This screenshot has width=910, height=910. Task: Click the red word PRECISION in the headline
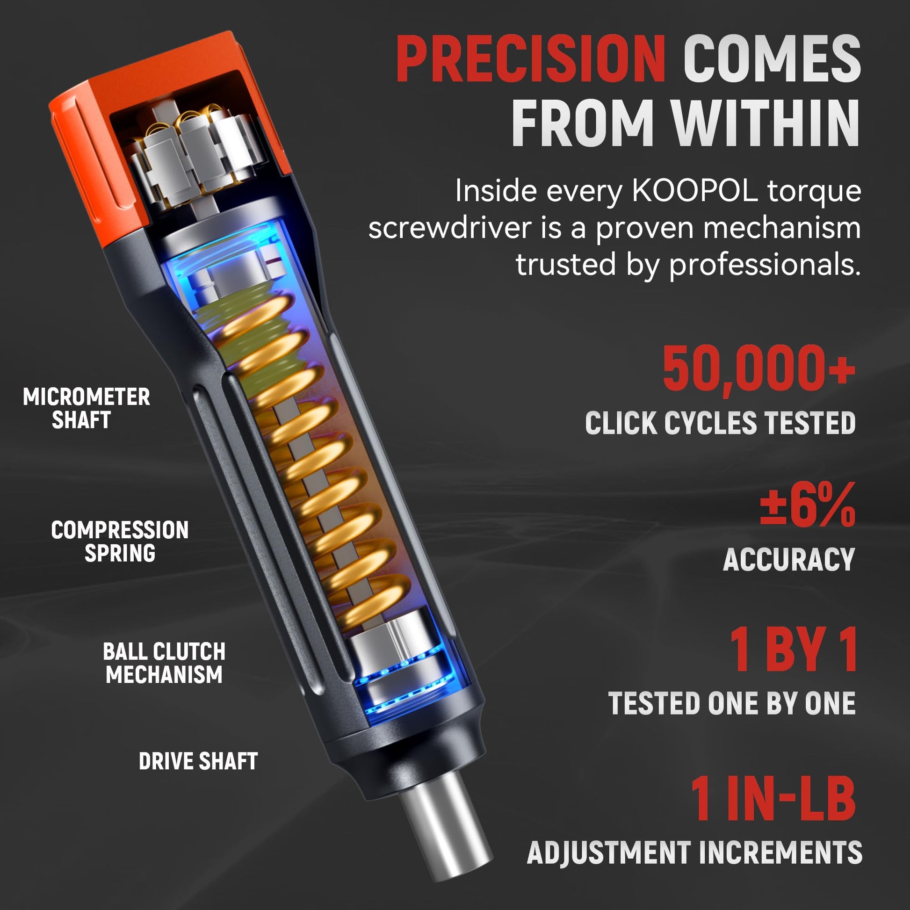[531, 60]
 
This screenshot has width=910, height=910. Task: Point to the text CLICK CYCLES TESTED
[720, 423]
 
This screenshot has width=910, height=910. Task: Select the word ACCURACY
[789, 560]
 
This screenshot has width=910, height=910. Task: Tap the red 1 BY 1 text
[794, 650]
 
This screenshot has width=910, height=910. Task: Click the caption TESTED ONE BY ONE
[731, 703]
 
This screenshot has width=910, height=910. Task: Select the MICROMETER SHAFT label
[87, 408]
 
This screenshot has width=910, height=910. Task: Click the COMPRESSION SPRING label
[120, 542]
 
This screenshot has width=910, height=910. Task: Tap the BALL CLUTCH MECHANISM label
[164, 663]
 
